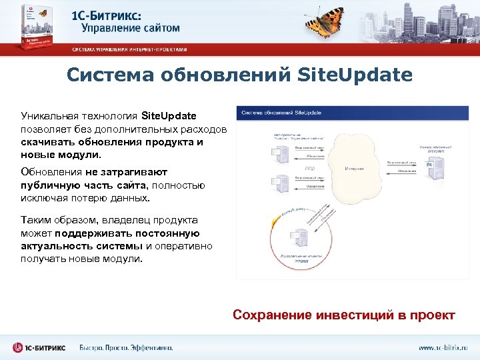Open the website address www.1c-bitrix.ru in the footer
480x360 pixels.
(x=443, y=347)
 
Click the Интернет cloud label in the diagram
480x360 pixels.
(x=354, y=169)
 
